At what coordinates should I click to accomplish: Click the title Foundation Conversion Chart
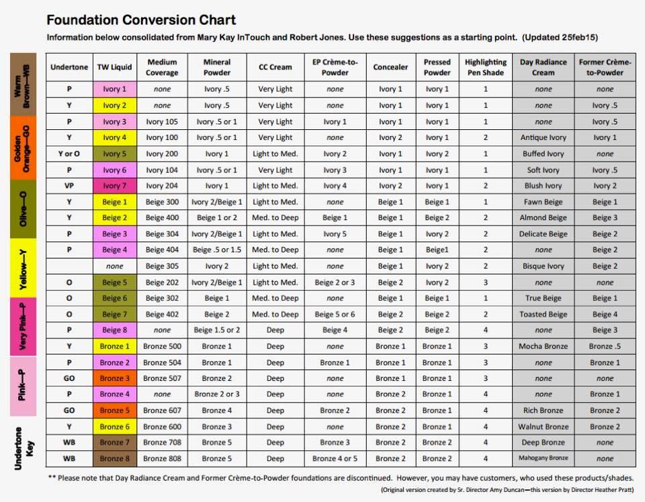tap(141, 20)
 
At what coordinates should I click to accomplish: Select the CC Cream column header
tap(275, 67)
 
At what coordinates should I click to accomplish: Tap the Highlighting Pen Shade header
tap(485, 67)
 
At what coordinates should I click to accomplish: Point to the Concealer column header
tap(390, 67)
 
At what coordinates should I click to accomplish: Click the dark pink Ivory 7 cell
tap(115, 186)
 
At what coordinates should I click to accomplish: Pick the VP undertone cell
tap(69, 186)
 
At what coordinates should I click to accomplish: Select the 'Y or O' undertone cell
tap(69, 153)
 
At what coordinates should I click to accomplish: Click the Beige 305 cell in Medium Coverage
tap(162, 266)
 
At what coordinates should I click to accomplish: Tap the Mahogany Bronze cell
tap(543, 458)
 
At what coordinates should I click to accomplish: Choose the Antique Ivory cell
tap(543, 138)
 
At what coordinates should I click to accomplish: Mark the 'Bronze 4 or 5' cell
tap(335, 458)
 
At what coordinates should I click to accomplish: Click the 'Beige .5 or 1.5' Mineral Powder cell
tap(217, 250)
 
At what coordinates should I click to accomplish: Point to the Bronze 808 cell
tap(162, 458)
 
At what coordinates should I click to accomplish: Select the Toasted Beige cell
tap(543, 314)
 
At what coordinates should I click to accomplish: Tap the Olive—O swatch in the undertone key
tap(23, 209)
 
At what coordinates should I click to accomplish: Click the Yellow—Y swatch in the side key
tap(23, 268)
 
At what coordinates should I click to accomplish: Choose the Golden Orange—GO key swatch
tap(23, 148)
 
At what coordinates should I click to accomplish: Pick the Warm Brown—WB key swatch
tap(23, 85)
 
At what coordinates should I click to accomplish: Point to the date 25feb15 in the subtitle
tap(578, 38)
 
